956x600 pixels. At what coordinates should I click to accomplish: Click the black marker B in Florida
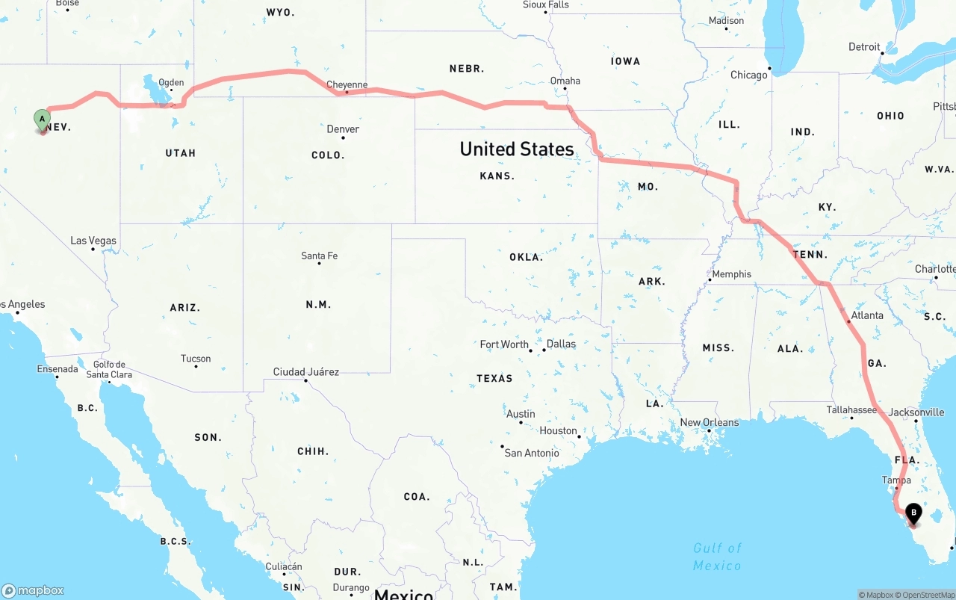[x=913, y=513]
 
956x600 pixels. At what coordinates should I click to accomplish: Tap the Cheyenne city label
[x=347, y=84]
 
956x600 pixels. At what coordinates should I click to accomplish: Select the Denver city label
[x=343, y=129]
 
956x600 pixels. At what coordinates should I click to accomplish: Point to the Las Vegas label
[x=93, y=241]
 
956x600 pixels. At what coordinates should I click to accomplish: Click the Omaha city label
[x=565, y=81]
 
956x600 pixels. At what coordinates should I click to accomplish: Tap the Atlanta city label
[x=866, y=315]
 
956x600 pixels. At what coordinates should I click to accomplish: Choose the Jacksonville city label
[x=916, y=412]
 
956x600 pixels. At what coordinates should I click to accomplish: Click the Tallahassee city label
[x=851, y=409]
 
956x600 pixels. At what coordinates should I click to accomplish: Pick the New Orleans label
[x=709, y=422]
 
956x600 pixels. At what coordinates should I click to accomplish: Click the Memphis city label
[x=731, y=274]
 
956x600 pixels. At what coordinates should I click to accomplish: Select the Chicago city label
[x=748, y=75]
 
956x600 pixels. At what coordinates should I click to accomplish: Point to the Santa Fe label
[x=319, y=256]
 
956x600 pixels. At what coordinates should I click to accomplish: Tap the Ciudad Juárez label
[x=305, y=371]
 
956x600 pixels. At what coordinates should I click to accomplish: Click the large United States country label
[x=517, y=149]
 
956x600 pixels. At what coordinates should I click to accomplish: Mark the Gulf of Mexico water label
[x=717, y=557]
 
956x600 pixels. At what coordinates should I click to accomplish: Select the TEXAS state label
[x=494, y=378]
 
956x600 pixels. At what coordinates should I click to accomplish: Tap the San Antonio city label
[x=531, y=453]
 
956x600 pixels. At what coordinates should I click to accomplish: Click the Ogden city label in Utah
[x=171, y=83]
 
